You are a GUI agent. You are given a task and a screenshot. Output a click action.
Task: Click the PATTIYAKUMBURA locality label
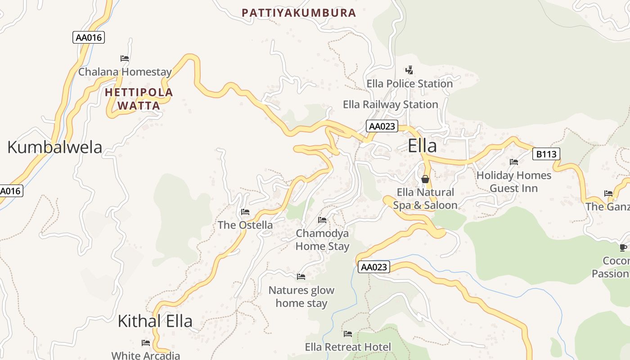point(299,13)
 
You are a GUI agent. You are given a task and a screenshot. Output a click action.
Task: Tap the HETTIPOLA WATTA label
point(139,99)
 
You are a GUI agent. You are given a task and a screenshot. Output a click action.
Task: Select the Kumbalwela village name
point(55,147)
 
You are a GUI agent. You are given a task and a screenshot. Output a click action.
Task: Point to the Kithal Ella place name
point(155,321)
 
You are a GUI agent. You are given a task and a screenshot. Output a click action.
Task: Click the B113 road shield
point(546,154)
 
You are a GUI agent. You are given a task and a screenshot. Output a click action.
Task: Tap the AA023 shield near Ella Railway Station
point(382,126)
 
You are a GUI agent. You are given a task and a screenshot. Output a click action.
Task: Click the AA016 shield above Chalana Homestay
point(89,37)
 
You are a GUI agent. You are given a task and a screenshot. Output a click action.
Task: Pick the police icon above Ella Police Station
point(409,70)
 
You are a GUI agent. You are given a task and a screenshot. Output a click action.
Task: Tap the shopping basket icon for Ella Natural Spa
point(425,179)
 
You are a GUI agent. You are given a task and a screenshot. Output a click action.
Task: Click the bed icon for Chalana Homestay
point(125,58)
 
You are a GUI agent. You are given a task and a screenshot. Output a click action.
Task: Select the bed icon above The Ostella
point(245,211)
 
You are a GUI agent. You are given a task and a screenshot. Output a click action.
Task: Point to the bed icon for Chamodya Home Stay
point(322,220)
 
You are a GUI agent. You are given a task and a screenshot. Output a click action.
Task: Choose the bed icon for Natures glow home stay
point(301,276)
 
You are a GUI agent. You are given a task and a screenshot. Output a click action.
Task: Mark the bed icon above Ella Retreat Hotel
point(348,333)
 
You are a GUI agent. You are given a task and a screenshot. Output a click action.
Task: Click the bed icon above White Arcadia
point(145,343)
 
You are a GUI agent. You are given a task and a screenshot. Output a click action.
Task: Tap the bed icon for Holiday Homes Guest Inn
point(514,162)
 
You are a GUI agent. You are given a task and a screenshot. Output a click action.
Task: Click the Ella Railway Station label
point(390,104)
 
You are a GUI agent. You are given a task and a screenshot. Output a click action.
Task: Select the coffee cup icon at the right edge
point(623,247)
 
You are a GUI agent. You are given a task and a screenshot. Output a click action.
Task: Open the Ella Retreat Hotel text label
point(348,347)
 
